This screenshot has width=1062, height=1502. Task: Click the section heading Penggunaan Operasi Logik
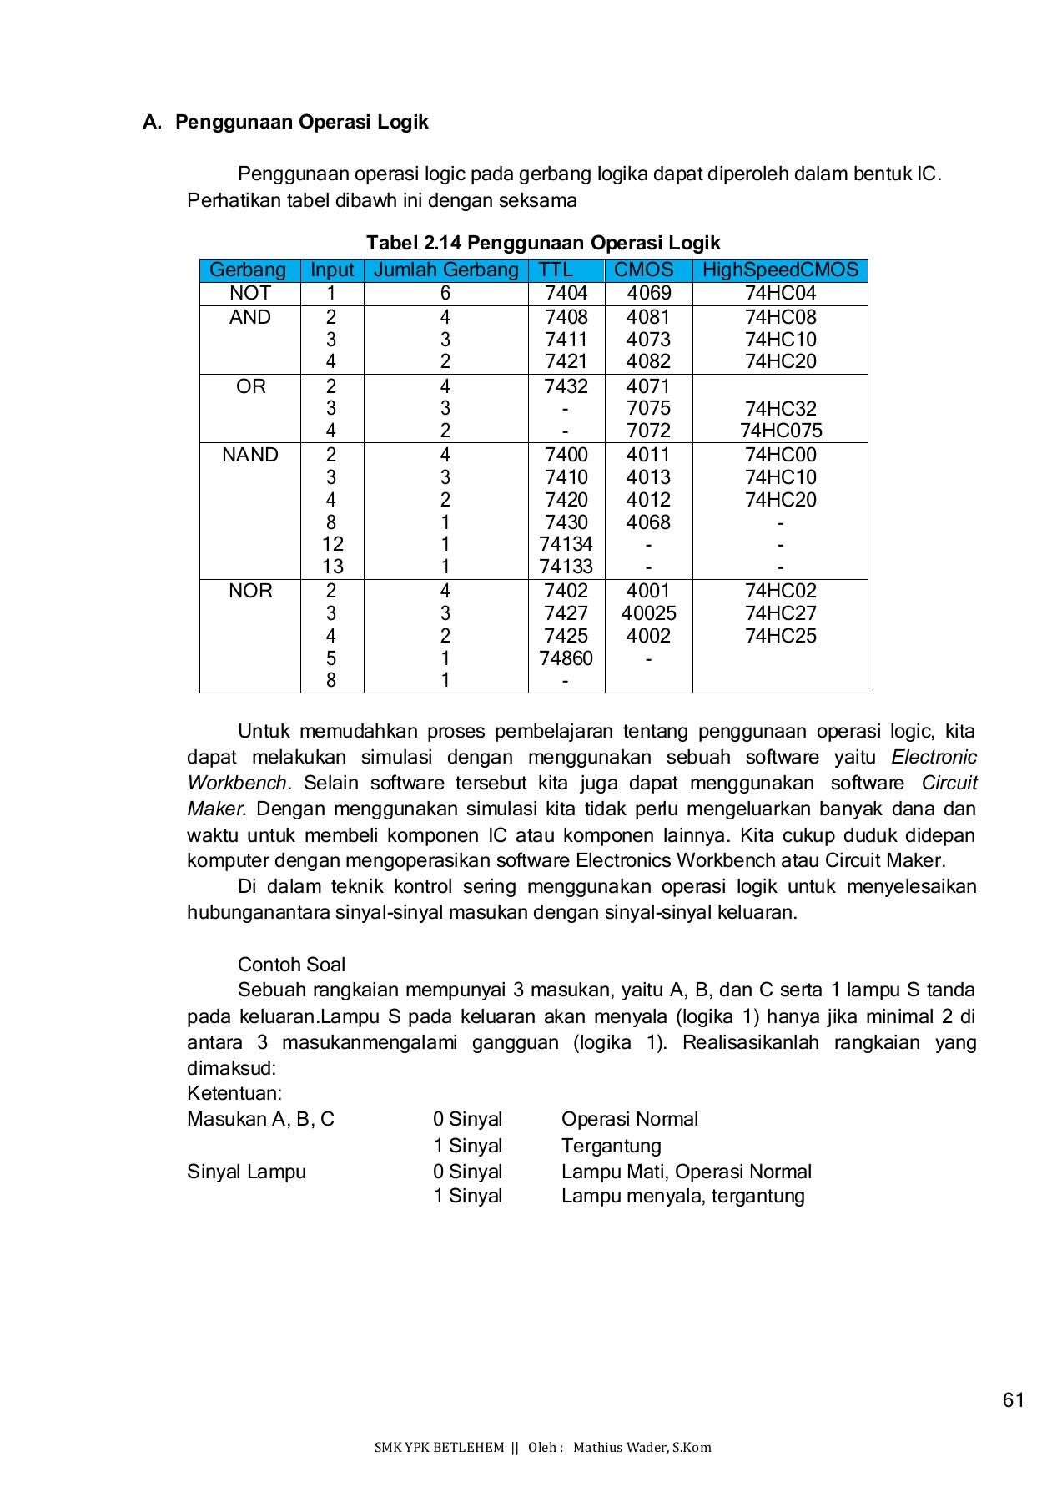tap(301, 122)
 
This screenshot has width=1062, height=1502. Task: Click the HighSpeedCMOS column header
tap(780, 270)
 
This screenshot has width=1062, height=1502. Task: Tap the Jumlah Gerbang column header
tap(445, 270)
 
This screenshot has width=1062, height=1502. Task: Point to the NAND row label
tap(249, 455)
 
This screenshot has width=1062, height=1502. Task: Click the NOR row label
tap(249, 591)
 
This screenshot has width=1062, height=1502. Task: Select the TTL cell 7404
tap(566, 294)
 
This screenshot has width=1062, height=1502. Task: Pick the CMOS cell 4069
tap(648, 294)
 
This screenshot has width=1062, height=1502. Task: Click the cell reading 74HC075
tap(780, 431)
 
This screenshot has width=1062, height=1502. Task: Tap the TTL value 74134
tap(566, 544)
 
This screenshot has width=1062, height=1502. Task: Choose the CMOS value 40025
tap(648, 613)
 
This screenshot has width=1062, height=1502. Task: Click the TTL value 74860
tap(566, 658)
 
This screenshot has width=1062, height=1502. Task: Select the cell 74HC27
tap(780, 613)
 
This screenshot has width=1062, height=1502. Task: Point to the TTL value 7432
tap(566, 386)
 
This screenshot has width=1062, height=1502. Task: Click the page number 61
tap(1013, 1400)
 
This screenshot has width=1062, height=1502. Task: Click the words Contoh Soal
tap(291, 965)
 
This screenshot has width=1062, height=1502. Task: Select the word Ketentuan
tap(234, 1093)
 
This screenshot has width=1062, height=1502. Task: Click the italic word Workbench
tap(236, 784)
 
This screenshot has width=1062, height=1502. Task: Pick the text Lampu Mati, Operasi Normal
tap(686, 1172)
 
